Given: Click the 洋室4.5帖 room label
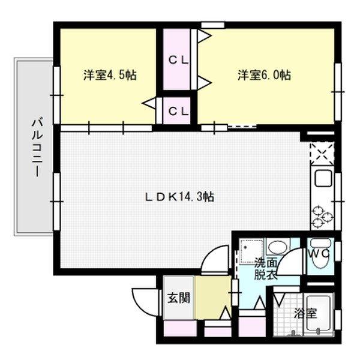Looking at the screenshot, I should pyautogui.click(x=109, y=76).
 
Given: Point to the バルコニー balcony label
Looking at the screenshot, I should pyautogui.click(x=35, y=146).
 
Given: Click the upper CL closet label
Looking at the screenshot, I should pyautogui.click(x=177, y=60).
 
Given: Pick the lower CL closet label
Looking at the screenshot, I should pyautogui.click(x=177, y=111).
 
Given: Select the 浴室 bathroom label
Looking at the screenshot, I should pyautogui.click(x=305, y=313).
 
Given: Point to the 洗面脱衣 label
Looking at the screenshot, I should pyautogui.click(x=265, y=268).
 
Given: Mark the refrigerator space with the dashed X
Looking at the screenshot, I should pyautogui.click(x=321, y=152).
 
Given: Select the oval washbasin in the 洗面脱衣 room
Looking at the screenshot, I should pyautogui.click(x=277, y=247).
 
